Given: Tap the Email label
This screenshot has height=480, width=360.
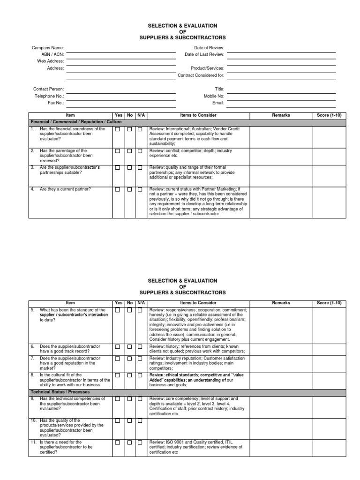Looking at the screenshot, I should tap(218, 102).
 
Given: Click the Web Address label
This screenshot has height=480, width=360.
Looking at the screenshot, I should tap(51, 61).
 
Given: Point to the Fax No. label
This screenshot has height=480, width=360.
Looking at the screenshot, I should tap(56, 102).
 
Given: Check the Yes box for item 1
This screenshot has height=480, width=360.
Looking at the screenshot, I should tap(118, 129).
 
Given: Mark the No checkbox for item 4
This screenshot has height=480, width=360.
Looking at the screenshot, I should tap(129, 189).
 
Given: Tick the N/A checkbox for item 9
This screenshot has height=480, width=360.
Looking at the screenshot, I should tap(140, 399).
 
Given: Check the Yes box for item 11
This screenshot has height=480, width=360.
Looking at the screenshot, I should tap(118, 442).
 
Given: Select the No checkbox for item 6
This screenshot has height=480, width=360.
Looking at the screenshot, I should tap(129, 346).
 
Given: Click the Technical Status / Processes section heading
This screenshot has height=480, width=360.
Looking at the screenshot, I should tap(60, 391).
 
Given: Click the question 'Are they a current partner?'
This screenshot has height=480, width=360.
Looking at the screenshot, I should tap(65, 189).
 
